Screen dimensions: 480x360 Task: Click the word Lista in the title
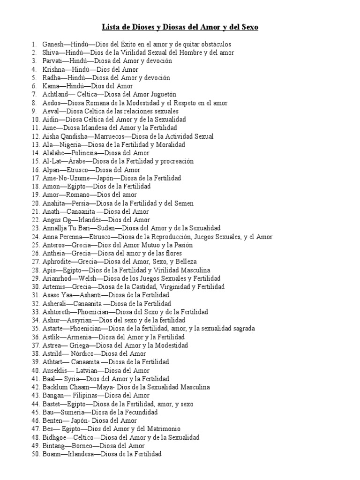[111, 28]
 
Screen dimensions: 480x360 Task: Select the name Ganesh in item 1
[52, 44]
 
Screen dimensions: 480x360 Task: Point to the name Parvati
[52, 61]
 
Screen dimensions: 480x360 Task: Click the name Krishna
[53, 69]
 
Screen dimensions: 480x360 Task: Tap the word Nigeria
[68, 144]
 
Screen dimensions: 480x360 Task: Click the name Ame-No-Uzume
[65, 178]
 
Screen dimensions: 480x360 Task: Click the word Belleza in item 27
[185, 262]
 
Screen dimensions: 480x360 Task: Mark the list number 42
[36, 387]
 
